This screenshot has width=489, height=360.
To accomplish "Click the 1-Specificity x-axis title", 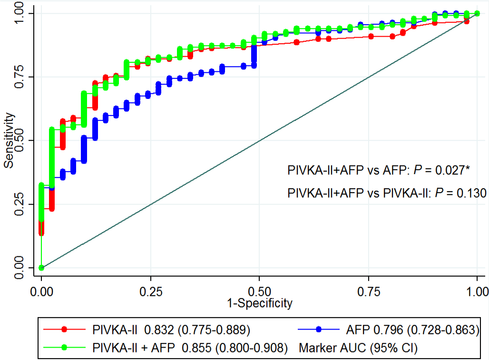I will click(x=259, y=303).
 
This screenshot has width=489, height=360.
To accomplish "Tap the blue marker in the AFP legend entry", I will click(x=319, y=329).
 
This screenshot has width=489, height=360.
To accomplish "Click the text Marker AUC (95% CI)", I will click(x=358, y=348).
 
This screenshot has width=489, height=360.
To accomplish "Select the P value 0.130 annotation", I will click(x=469, y=193).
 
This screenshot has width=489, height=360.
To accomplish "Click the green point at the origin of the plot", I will click(x=42, y=267).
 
